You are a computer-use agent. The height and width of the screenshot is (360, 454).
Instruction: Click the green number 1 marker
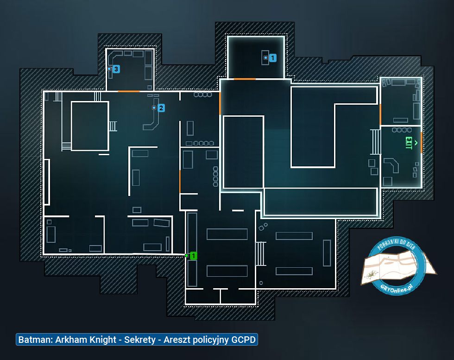[193, 256]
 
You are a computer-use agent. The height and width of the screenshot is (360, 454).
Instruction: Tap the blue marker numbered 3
[116, 69]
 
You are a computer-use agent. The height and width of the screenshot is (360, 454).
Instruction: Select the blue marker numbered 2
[161, 108]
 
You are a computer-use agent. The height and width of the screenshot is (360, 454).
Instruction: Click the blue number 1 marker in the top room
[272, 58]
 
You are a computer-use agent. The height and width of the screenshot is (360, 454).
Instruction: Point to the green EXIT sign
[409, 143]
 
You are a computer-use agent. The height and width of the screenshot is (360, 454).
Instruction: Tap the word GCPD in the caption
[243, 340]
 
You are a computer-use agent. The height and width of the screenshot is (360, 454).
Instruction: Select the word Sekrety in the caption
[140, 340]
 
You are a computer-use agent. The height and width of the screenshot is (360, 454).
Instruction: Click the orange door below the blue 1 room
[245, 79]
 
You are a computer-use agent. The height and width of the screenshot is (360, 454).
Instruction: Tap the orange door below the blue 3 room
[129, 91]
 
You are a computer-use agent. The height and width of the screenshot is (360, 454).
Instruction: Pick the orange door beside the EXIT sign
[421, 143]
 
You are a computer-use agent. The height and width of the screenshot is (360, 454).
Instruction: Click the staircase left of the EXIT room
[376, 142]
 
